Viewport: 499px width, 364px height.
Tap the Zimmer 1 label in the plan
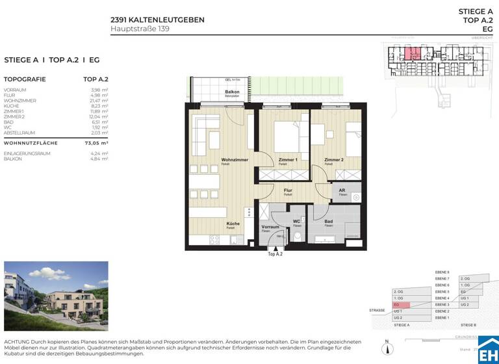point(287,160)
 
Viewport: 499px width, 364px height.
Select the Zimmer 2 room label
point(333,160)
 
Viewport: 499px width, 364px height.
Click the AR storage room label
point(342,191)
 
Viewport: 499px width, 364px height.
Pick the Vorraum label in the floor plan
point(270,227)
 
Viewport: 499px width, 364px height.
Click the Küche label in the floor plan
point(233,224)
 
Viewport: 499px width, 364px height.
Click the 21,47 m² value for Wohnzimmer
point(99,101)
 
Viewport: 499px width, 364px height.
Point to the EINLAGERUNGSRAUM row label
point(25,153)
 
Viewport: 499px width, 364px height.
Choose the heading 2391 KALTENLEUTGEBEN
point(157,20)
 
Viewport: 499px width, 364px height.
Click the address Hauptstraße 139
point(140,29)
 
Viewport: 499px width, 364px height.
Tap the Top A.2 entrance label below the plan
point(275,254)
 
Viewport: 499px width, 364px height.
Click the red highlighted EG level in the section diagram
point(401,305)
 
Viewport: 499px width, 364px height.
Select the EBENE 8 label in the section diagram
point(442,272)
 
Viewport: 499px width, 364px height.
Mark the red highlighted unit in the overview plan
point(412,54)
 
